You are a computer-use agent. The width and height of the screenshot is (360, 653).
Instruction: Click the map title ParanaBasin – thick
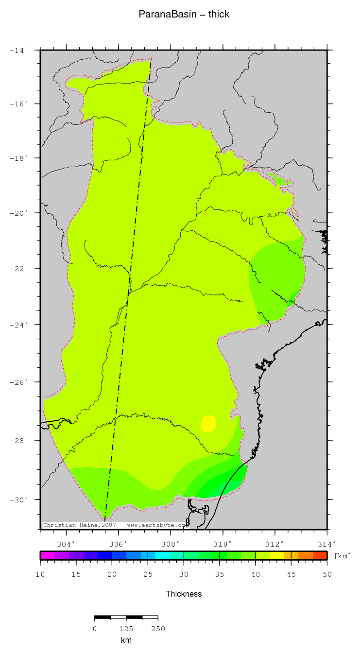pyautogui.click(x=184, y=15)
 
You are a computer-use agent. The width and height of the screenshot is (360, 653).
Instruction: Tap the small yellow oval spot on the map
pyautogui.click(x=208, y=424)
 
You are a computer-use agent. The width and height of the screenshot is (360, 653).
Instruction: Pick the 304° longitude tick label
pyautogui.click(x=66, y=543)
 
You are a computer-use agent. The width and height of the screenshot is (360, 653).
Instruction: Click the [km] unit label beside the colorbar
pyautogui.click(x=343, y=556)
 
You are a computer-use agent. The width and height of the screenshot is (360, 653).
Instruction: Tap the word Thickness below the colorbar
pyautogui.click(x=184, y=594)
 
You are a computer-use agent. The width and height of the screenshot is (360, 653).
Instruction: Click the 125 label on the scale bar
pyautogui.click(x=126, y=629)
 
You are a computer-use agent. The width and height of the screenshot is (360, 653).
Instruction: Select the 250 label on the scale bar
pyautogui.click(x=158, y=629)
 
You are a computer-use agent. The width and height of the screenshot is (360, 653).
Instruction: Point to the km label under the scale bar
pyautogui.click(x=126, y=640)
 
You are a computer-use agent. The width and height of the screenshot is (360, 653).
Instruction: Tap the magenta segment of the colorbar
pyautogui.click(x=47, y=555)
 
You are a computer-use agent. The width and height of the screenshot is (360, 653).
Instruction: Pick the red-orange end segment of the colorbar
pyautogui.click(x=320, y=555)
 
